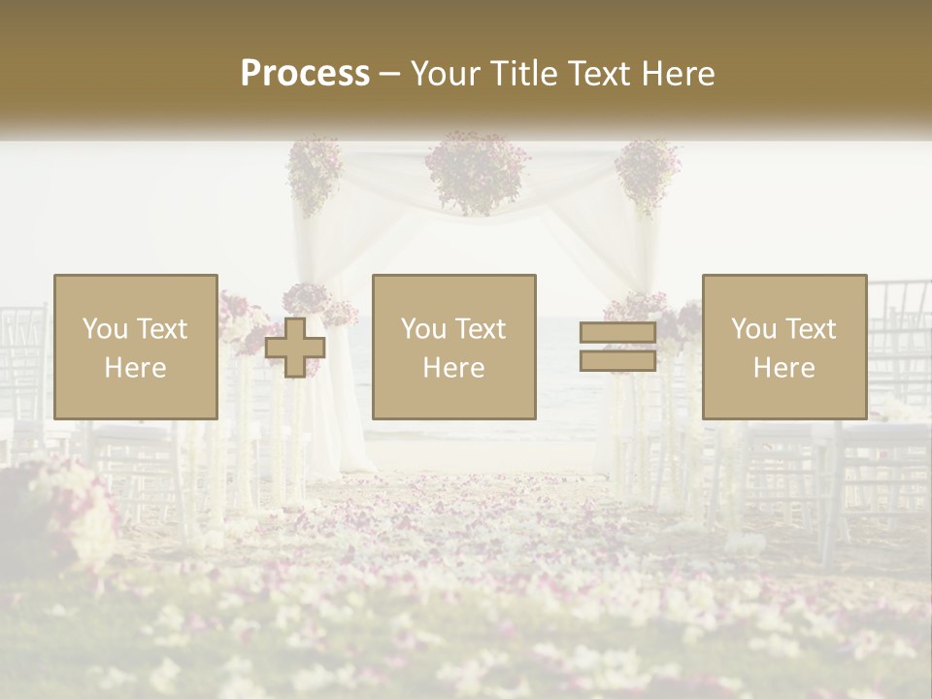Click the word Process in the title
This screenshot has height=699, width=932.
point(305,74)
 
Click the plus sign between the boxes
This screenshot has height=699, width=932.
point(295,348)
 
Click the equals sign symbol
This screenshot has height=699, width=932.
point(617,348)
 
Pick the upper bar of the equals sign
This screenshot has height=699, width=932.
point(617,334)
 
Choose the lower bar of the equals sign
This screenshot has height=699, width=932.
point(617,360)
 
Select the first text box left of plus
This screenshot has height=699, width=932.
point(135,348)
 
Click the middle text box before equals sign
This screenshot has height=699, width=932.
point(453,348)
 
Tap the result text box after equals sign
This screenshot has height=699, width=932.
point(783,348)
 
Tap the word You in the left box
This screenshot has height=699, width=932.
point(105,329)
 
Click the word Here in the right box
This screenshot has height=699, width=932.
point(783,368)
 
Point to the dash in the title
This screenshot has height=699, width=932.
point(390,74)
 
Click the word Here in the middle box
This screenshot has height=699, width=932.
point(453,368)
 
